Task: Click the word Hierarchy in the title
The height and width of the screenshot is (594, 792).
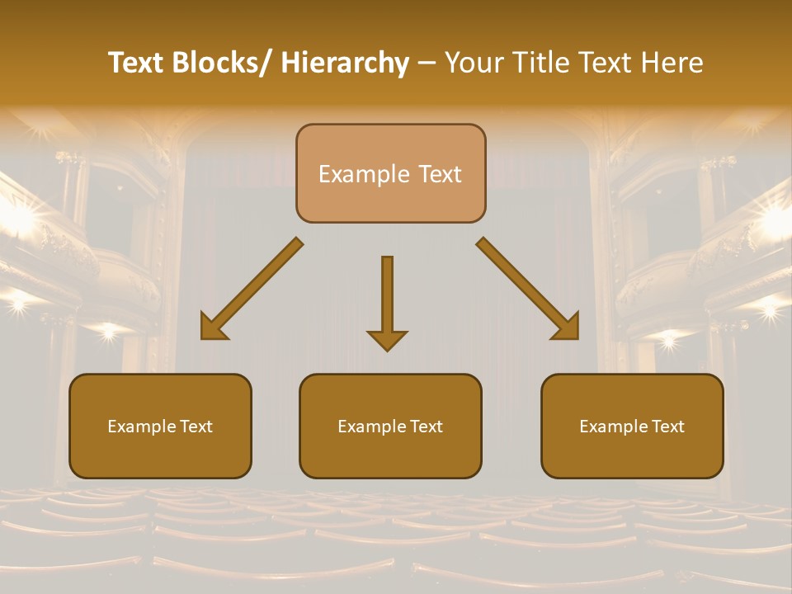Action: [345, 63]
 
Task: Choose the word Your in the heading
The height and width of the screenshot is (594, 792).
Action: [475, 63]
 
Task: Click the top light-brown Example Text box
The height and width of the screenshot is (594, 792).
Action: [390, 173]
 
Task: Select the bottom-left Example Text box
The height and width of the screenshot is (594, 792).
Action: [160, 426]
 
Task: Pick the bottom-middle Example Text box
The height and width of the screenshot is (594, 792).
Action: [390, 426]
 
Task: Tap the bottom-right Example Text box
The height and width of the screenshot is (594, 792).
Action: [632, 426]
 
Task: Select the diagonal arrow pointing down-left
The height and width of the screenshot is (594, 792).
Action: [252, 289]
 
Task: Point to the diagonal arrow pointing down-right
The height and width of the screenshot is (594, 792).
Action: [528, 289]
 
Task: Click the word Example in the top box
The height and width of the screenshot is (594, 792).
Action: [364, 174]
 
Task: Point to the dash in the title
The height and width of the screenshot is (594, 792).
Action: [427, 63]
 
